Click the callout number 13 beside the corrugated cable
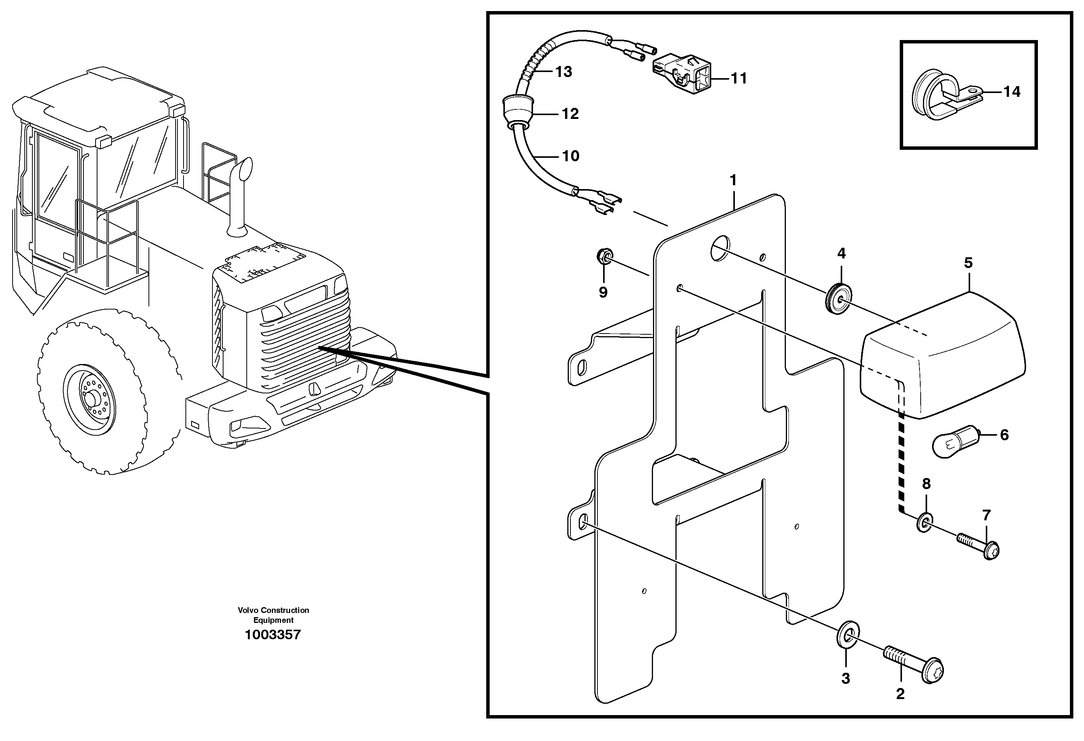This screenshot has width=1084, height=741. pyautogui.click(x=563, y=72)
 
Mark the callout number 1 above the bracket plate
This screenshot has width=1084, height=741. pyautogui.click(x=733, y=180)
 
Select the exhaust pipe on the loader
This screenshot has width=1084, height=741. pyautogui.click(x=239, y=196)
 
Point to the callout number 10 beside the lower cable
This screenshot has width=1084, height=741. pyautogui.click(x=570, y=156)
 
